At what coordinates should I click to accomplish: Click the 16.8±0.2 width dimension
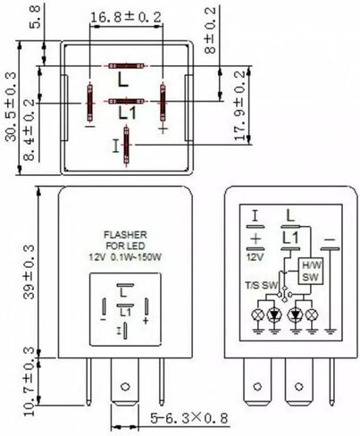pos(126,17)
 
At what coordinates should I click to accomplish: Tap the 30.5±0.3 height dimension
pos(12,106)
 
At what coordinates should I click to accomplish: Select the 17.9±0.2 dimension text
pos(239,105)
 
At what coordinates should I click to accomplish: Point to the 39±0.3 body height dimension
pos(29,272)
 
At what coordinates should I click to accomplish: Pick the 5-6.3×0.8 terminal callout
pos(189,418)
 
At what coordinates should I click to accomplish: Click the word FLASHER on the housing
pos(125,235)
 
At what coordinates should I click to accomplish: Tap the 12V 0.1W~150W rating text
pos(125,257)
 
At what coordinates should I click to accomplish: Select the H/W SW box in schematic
pos(311,271)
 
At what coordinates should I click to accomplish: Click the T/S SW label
pos(261,285)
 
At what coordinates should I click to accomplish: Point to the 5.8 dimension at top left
pos(35,17)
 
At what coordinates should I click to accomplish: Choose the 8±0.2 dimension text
pos(210,30)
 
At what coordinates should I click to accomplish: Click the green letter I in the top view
pos(116,146)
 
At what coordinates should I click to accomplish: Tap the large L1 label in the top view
pos(127,113)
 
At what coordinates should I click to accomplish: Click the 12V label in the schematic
pos(255,256)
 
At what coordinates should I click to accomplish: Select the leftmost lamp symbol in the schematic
pos(258,314)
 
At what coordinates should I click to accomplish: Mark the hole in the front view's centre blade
pos(125,387)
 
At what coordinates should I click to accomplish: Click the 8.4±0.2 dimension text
pos(29,130)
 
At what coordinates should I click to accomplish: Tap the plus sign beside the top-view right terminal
pos(163,129)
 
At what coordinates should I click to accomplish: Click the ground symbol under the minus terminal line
pos(331,331)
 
